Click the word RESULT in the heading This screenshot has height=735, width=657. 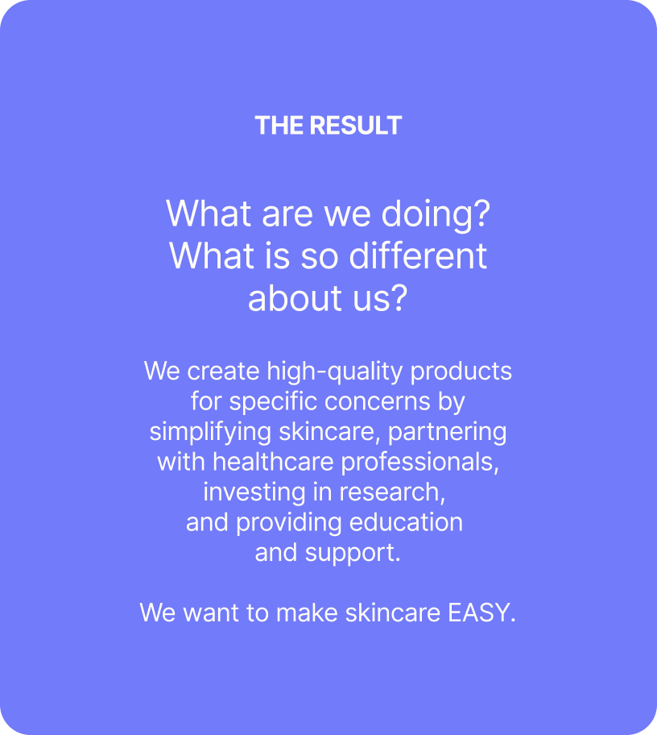pyautogui.click(x=355, y=126)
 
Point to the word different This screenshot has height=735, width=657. pyautogui.click(x=418, y=256)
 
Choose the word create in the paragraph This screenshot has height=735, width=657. pyautogui.click(x=223, y=372)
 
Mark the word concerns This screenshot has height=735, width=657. pyautogui.click(x=378, y=402)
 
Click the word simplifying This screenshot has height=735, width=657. pyautogui.click(x=210, y=433)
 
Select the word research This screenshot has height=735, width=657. pyautogui.click(x=392, y=493)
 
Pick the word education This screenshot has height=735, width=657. pyautogui.click(x=406, y=522)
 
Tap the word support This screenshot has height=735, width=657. pyautogui.click(x=353, y=554)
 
